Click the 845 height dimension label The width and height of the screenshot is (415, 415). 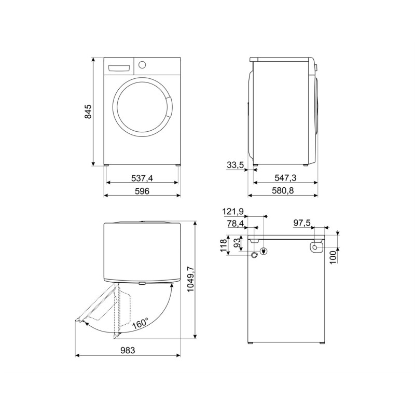tap(88, 112)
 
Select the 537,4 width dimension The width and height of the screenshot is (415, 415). tap(142, 178)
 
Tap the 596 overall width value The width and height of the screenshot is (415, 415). tap(142, 191)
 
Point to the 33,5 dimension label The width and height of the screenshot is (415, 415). tap(236, 165)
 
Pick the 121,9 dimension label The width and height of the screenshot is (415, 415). tap(233, 212)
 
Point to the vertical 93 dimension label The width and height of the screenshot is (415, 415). tap(237, 242)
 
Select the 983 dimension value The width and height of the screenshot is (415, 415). tap(128, 351)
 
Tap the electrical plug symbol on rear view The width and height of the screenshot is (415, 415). tap(264, 252)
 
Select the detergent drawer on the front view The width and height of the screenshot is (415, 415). tap(120, 67)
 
